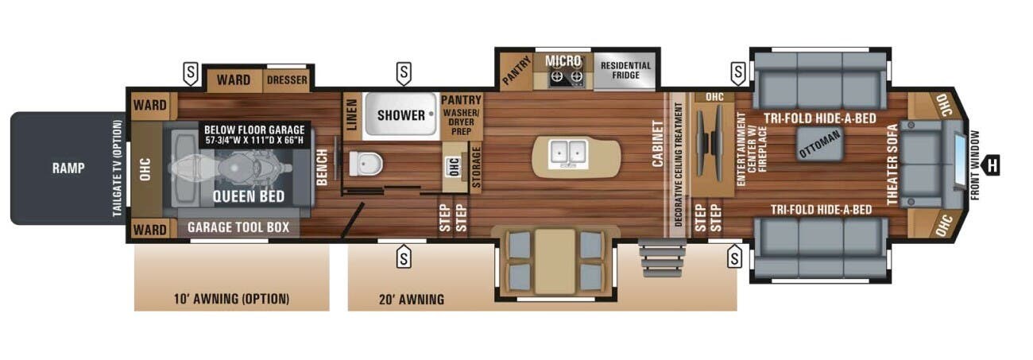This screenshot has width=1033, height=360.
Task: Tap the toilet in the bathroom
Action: click(x=366, y=163)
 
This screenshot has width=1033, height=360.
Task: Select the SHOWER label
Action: click(x=400, y=115)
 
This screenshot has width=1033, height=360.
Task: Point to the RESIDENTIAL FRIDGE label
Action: click(x=625, y=71)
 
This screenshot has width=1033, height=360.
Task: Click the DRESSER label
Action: click(x=287, y=80)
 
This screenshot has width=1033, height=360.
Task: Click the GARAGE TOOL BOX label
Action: click(x=238, y=227)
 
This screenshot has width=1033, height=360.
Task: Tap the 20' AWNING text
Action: click(x=412, y=300)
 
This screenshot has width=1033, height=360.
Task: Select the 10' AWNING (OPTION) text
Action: click(x=231, y=300)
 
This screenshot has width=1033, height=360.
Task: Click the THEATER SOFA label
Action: click(x=892, y=165)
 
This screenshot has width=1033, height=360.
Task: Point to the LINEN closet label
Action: click(x=351, y=116)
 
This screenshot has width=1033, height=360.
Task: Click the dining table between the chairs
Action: click(x=554, y=261)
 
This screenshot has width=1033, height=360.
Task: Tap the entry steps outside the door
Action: click(x=662, y=257)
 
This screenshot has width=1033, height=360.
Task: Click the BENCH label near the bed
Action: click(x=322, y=167)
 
